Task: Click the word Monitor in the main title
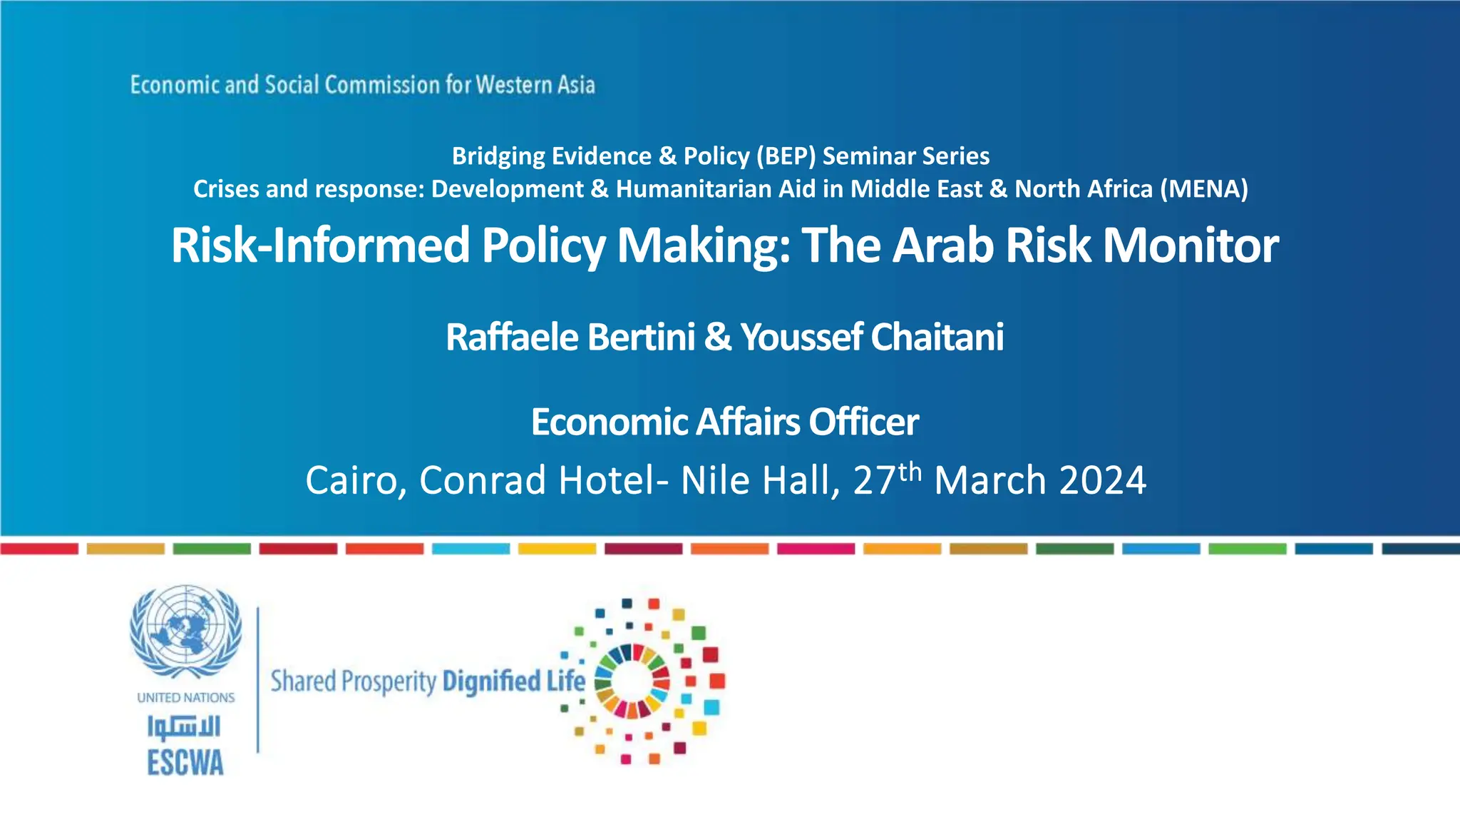1191,245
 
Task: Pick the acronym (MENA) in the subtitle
1204,189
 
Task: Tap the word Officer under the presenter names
863,422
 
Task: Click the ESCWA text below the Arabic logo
185,763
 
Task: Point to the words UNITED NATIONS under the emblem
185,698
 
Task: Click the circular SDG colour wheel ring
632,680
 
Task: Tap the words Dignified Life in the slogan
513,681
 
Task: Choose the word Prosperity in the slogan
389,682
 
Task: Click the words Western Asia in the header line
535,85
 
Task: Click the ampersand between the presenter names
718,337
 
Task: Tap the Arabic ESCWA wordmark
185,726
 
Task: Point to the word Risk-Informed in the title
321,245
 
